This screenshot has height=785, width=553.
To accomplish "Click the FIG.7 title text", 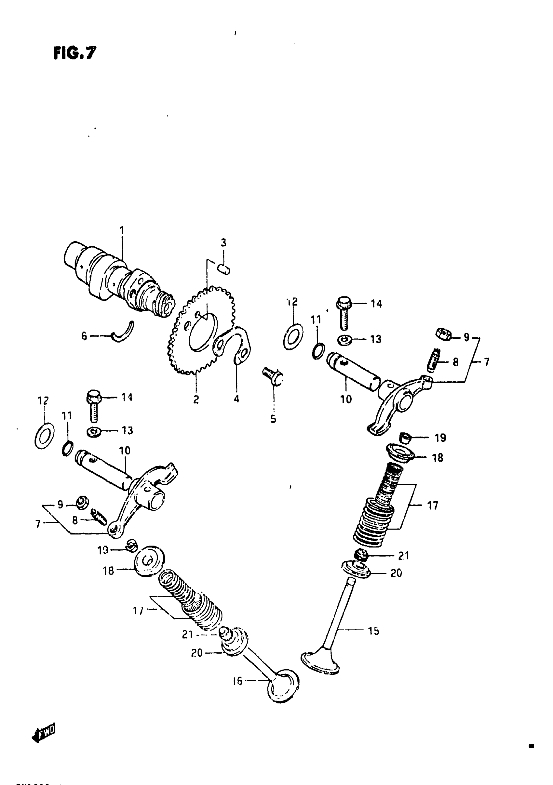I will (75, 53).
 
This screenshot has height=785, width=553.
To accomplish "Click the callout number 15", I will (373, 631).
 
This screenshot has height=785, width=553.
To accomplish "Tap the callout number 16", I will (237, 681).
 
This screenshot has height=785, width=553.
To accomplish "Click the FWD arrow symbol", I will (44, 734).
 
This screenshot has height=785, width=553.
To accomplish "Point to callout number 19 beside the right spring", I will (440, 438).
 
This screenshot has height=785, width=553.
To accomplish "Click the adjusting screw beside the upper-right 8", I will (434, 360).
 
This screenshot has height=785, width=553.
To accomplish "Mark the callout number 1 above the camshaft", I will (121, 230).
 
